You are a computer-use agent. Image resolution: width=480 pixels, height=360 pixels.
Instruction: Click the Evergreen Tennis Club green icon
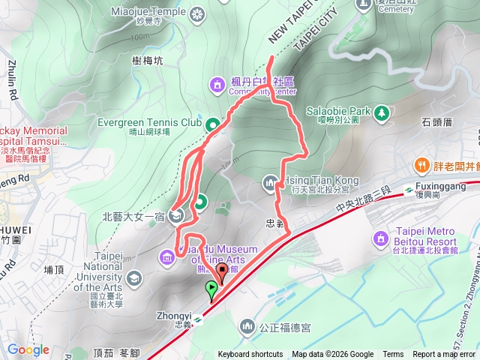(213, 124)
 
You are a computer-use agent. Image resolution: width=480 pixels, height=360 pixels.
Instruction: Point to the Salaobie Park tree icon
(382, 112)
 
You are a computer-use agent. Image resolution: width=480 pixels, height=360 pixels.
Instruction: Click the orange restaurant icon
(422, 165)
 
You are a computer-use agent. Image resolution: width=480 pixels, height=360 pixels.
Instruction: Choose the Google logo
(28, 349)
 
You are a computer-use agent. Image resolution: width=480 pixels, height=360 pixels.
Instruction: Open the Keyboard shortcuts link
(250, 355)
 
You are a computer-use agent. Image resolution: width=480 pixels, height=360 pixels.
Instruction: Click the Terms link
(393, 355)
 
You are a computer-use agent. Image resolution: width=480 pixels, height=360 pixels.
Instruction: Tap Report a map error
(444, 355)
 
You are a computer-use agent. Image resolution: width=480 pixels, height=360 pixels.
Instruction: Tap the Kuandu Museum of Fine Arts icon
(167, 259)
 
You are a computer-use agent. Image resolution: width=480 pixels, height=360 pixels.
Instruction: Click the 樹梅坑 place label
(146, 62)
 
